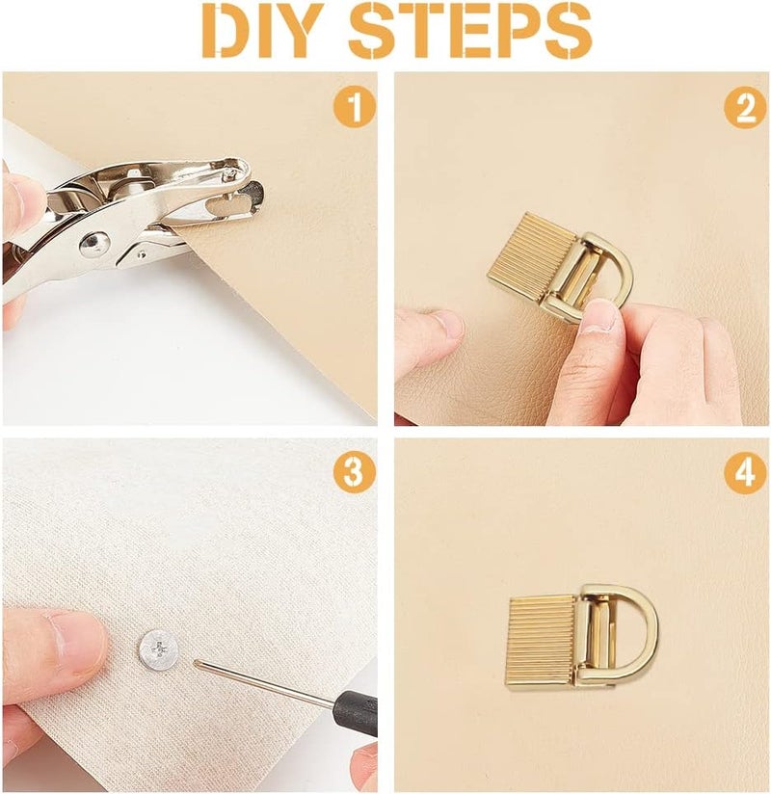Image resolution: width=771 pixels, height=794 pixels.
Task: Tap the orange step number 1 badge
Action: (x=354, y=106)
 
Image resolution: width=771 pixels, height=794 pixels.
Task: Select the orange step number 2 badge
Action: (x=746, y=106)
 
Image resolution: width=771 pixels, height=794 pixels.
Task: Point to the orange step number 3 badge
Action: (x=354, y=472)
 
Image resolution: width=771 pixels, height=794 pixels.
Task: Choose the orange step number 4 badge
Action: (x=746, y=472)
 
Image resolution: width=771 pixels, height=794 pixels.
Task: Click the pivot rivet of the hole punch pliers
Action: (x=93, y=244)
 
